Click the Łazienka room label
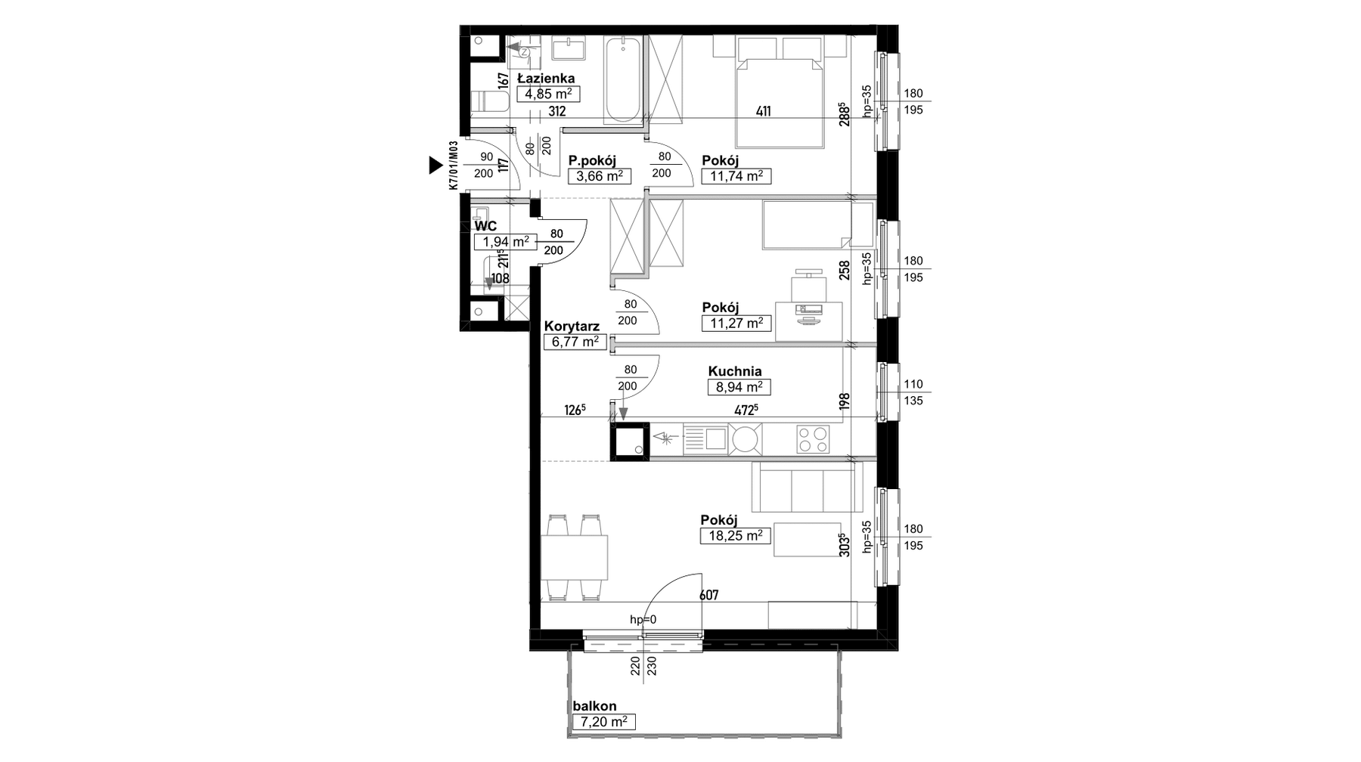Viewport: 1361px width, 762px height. point(545,78)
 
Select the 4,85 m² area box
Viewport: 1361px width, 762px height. point(548,94)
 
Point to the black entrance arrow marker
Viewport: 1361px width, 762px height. point(435,165)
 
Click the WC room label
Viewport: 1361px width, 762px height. point(485,226)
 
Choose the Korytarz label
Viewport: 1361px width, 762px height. point(572,327)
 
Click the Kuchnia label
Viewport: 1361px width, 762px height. point(735,371)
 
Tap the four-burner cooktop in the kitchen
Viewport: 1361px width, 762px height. point(813,439)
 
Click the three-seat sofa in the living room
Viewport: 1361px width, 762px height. point(807,487)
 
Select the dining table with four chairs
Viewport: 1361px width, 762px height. point(575,558)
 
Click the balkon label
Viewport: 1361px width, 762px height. point(594,706)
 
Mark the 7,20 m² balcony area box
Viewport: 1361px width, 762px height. point(603,722)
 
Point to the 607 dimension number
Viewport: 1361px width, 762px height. point(709,596)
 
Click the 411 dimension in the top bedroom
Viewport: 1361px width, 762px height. point(764,112)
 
